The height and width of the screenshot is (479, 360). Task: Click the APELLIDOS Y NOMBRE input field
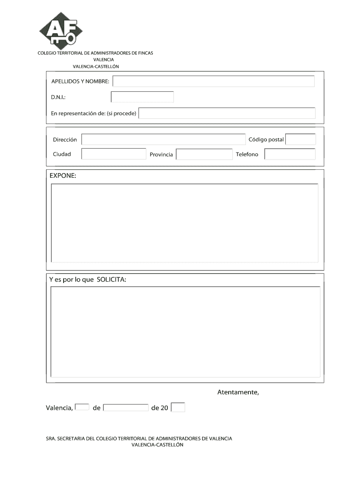(x=213, y=81)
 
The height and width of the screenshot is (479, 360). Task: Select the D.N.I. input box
(x=142, y=97)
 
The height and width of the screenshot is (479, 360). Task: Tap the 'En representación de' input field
(x=227, y=113)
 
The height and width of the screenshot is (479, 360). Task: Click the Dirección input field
(x=163, y=139)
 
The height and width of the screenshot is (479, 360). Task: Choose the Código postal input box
(x=300, y=139)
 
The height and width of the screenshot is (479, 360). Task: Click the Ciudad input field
(x=114, y=154)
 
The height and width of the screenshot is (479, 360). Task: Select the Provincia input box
(x=204, y=154)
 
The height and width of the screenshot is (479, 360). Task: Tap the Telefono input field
(x=289, y=154)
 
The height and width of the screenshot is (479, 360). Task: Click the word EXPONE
(x=63, y=175)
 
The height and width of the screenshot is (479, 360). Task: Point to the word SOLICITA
(x=111, y=279)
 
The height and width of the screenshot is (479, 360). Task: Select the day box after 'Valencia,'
(x=82, y=407)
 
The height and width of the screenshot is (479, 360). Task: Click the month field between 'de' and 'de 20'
(x=126, y=407)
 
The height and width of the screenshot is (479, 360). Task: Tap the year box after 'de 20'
(x=178, y=407)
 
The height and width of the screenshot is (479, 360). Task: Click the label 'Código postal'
(x=266, y=139)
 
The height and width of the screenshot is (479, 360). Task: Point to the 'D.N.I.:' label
(x=58, y=97)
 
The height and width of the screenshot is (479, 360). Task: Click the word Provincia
(x=161, y=154)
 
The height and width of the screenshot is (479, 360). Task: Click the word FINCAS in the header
(x=145, y=53)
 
